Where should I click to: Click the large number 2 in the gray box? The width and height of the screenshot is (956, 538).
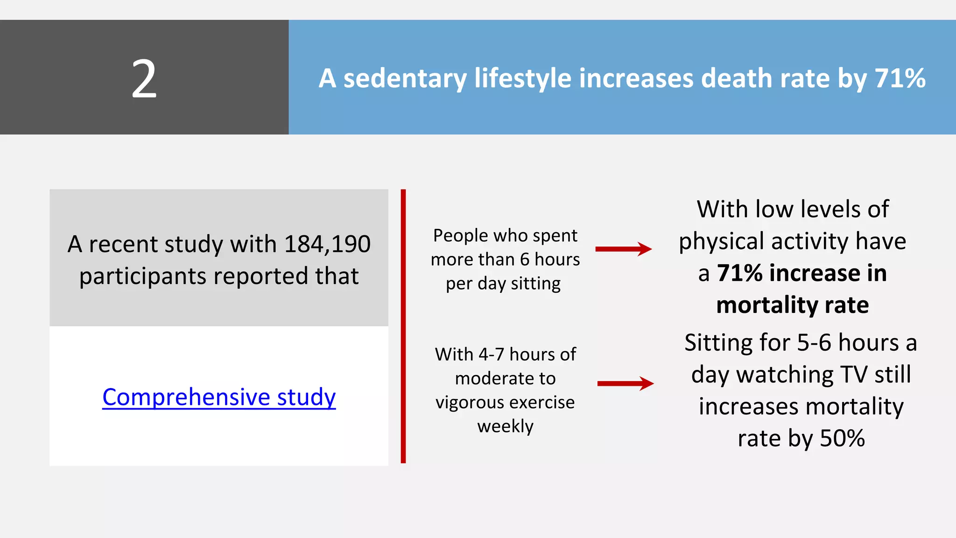144,79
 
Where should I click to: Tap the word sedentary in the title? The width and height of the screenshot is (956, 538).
405,78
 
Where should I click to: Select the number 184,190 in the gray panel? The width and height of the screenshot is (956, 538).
327,244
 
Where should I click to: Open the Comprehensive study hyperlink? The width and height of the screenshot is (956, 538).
219,397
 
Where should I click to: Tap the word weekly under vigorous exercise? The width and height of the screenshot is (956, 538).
505,426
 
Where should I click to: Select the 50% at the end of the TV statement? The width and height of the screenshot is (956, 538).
842,438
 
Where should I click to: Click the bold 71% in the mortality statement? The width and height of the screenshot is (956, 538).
740,273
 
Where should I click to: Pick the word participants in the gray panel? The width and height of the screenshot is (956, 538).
143,276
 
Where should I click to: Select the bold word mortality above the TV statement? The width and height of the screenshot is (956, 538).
767,305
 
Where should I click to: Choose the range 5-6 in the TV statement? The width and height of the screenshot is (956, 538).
814,343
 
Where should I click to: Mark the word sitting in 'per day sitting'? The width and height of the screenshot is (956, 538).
535,283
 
